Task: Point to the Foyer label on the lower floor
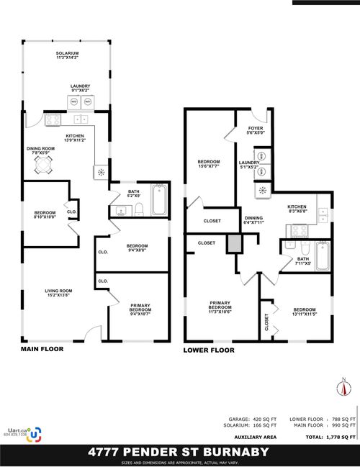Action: [x=256, y=130]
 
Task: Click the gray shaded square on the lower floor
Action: [x=233, y=243]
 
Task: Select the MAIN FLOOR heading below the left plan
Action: [x=42, y=348]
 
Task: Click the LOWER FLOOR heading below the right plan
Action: [x=210, y=350]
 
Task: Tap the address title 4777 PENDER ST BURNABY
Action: [x=179, y=452]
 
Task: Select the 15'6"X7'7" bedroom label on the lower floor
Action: [x=209, y=164]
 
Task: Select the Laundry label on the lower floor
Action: [x=248, y=165]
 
